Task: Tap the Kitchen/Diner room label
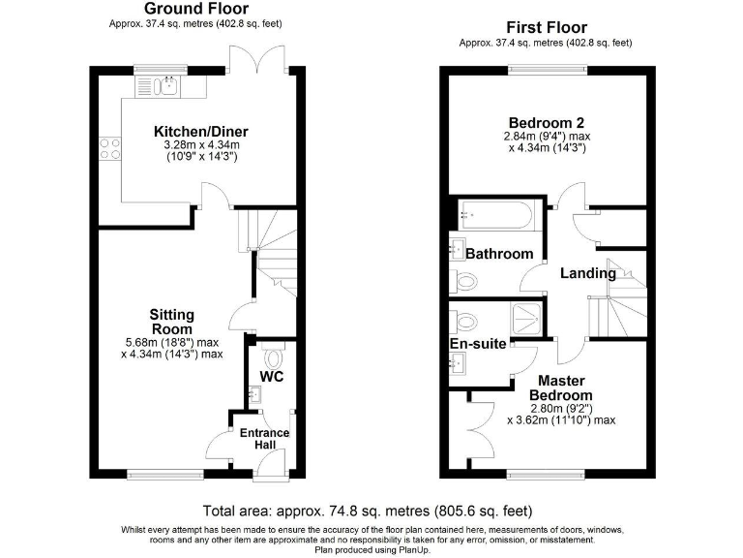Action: (x=200, y=132)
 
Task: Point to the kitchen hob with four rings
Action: (x=109, y=149)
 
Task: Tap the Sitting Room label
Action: (x=171, y=322)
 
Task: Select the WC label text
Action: (x=273, y=376)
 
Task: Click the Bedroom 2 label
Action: (x=546, y=123)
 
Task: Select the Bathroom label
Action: (x=499, y=254)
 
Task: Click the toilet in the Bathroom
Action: (x=465, y=281)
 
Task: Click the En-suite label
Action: (x=478, y=343)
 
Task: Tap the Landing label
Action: (x=588, y=273)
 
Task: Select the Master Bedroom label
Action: (x=566, y=388)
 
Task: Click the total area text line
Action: (x=368, y=511)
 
